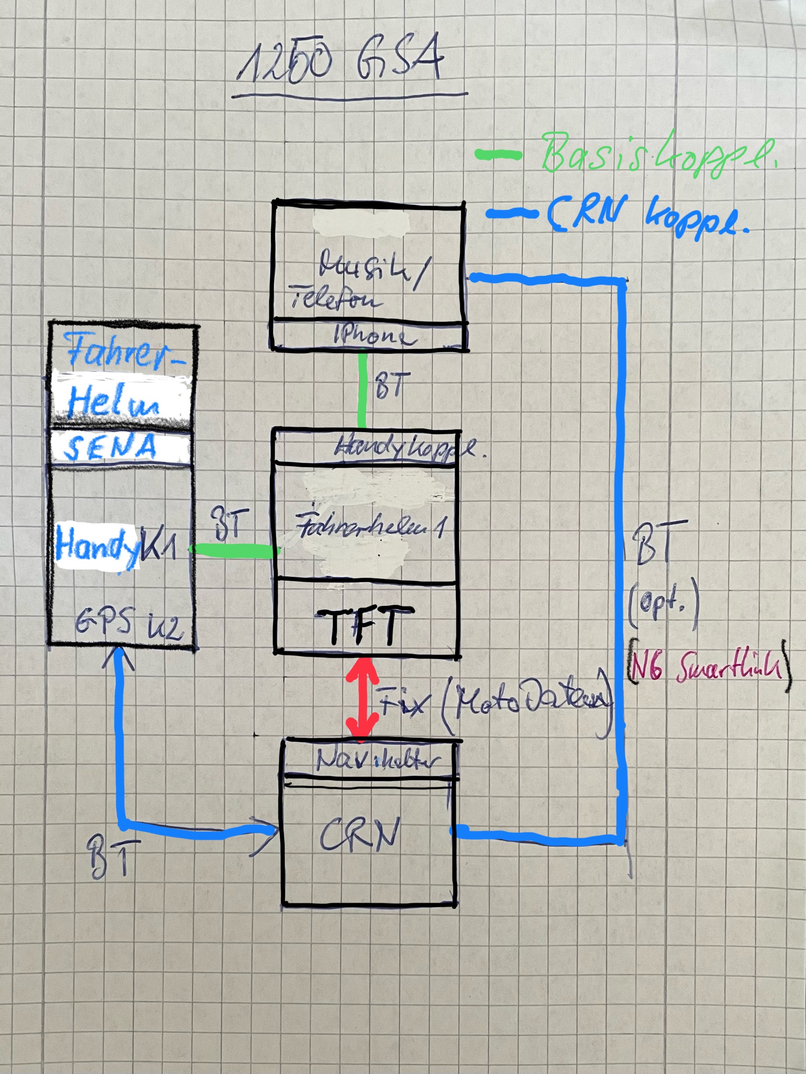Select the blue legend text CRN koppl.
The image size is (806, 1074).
[646, 218]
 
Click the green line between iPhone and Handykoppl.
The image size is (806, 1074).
[361, 388]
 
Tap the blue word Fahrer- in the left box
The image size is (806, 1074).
[124, 352]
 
